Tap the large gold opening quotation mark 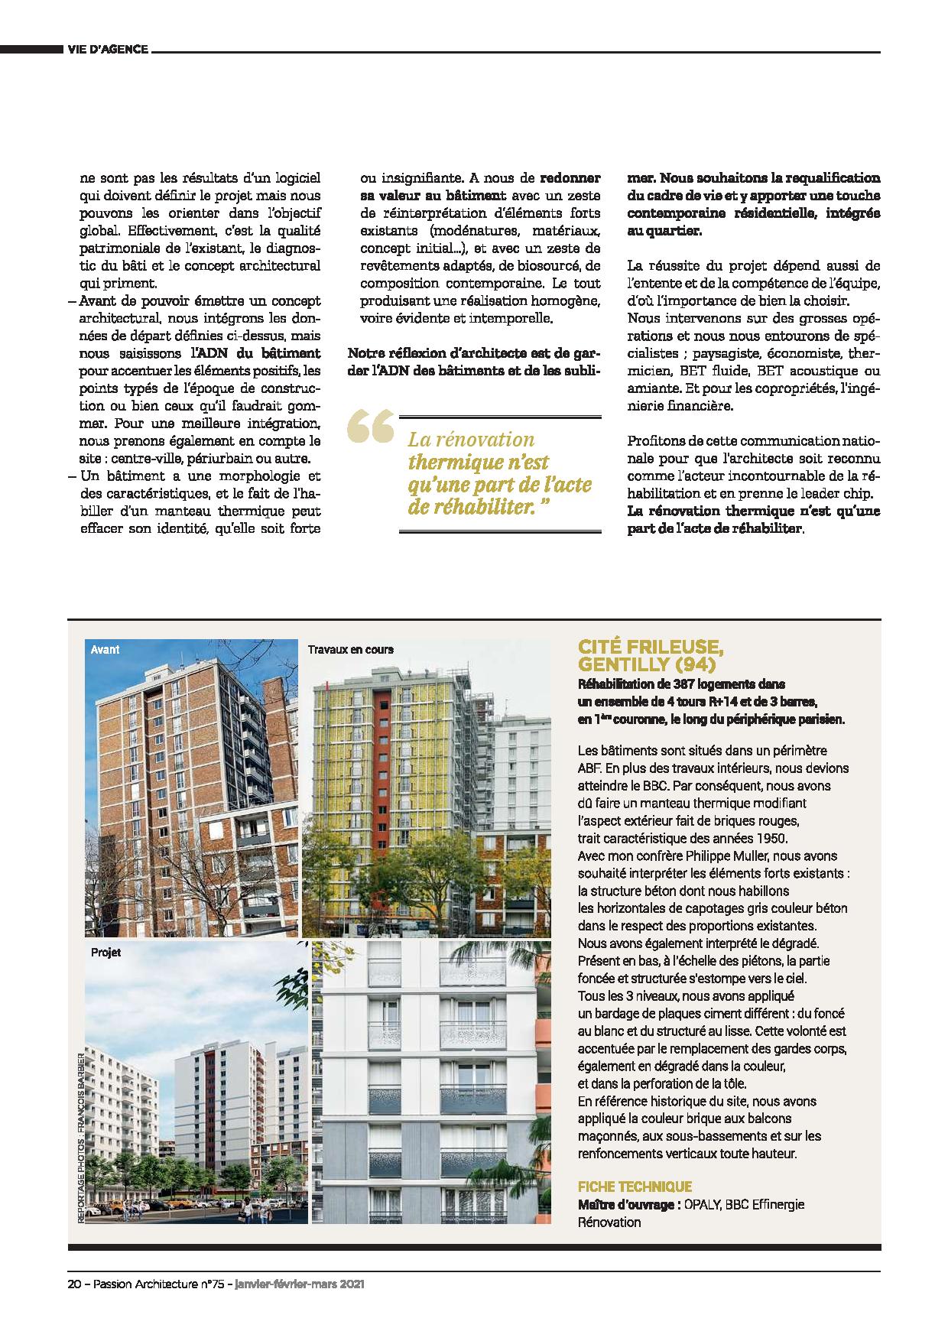point(371,428)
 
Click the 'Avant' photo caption point(105,649)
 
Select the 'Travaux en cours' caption point(351,649)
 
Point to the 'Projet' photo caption point(106,953)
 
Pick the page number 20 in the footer point(73,1285)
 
